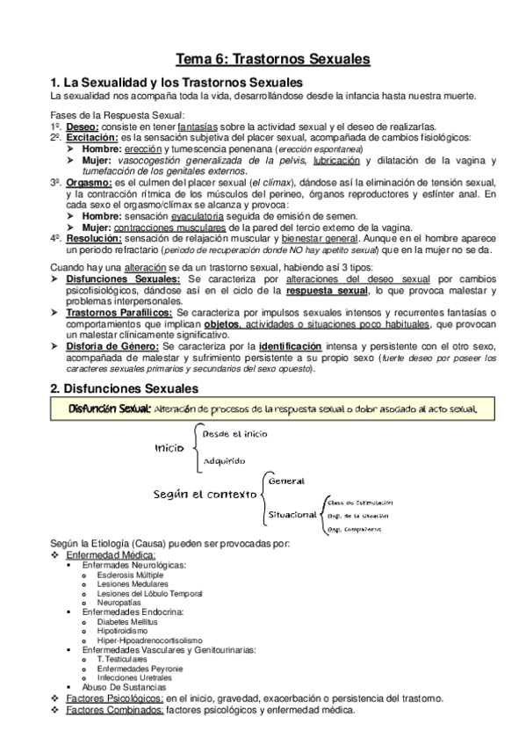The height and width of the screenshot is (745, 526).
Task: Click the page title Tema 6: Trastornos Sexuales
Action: [x=272, y=59]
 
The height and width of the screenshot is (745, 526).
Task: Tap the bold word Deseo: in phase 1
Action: [x=82, y=127]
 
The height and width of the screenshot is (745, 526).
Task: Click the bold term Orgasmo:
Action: [x=87, y=182]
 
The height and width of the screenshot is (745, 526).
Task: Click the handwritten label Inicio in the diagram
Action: [x=169, y=448]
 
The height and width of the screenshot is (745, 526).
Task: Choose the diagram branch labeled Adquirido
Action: [x=224, y=461]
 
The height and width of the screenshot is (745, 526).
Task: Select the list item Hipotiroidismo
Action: [x=123, y=631]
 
